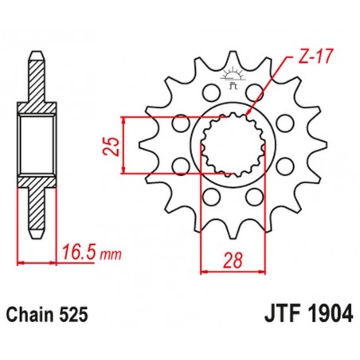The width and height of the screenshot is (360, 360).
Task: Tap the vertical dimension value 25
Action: (115, 144)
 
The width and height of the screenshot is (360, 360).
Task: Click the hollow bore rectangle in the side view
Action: (35, 144)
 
